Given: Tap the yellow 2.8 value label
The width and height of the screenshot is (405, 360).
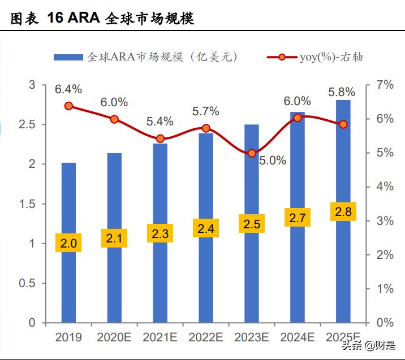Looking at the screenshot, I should tap(343, 212).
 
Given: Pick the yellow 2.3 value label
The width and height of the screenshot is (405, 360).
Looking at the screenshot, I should tap(160, 232).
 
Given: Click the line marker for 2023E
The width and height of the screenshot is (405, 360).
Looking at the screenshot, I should tap(252, 153).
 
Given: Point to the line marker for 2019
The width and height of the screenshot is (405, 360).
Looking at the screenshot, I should tap(69, 106).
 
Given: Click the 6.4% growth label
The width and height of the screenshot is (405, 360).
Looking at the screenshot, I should tap(68, 89).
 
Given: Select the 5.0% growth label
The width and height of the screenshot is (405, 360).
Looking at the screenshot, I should tap(273, 161).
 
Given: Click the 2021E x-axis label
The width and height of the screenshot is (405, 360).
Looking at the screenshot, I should tap(160, 337).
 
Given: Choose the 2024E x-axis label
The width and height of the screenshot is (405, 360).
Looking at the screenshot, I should tap(297, 337).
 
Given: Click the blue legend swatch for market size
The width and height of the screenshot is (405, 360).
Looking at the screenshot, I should tap(69, 57).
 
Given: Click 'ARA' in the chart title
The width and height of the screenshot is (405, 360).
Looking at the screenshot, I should tap(83, 18).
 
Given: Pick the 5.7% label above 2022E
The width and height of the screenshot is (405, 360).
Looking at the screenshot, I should tap(206, 111).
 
